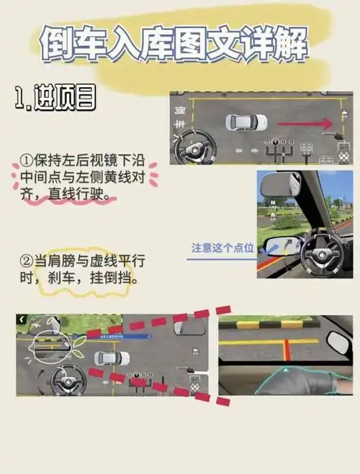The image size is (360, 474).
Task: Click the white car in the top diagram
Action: click(246, 123)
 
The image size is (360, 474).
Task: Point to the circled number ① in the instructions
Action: click(27, 160)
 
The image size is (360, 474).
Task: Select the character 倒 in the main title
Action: click(54, 45)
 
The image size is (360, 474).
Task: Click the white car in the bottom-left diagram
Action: click(112, 357)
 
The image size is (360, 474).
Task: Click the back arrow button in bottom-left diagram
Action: click(22, 319)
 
